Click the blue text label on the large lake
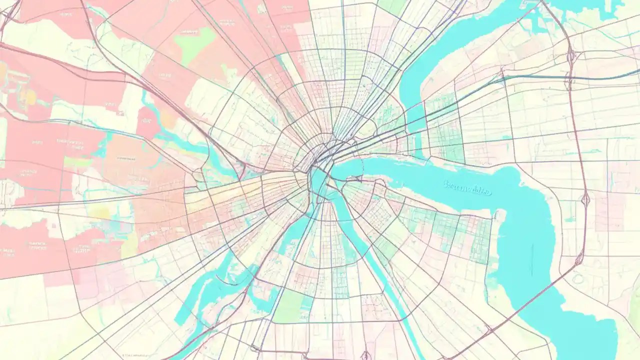pos(467,188)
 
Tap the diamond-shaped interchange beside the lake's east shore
pos(585,200)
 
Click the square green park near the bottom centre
pos(290,306)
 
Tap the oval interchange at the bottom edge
pos(366,355)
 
